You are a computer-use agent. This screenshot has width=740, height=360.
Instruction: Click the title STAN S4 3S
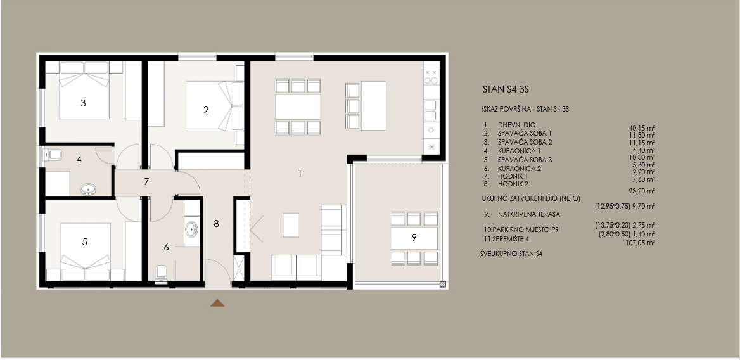pos(506,90)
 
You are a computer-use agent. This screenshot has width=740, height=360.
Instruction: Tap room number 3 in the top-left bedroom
pos(83,103)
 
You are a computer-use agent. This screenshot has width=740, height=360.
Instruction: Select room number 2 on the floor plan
pos(205,110)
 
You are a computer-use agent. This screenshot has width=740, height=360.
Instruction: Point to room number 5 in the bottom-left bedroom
pos(84,241)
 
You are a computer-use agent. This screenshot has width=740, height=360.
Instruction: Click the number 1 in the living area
pos(300,172)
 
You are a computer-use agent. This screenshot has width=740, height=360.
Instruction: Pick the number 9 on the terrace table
pos(414,238)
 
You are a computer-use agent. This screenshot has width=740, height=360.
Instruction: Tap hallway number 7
pos(146,182)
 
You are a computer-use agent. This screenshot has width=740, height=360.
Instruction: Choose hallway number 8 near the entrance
pos(216,223)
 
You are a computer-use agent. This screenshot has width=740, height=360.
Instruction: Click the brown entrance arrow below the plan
pos(217,303)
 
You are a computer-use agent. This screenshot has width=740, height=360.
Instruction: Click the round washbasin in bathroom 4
pos(87,188)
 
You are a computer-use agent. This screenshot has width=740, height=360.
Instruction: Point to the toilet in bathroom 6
pos(160,272)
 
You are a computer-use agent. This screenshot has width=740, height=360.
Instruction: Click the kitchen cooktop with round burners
pos(431,77)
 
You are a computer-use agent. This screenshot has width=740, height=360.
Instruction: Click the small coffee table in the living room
pos(291,224)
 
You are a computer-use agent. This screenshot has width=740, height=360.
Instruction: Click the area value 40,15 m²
pos(641,127)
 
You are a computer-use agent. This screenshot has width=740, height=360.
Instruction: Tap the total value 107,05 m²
pos(641,242)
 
